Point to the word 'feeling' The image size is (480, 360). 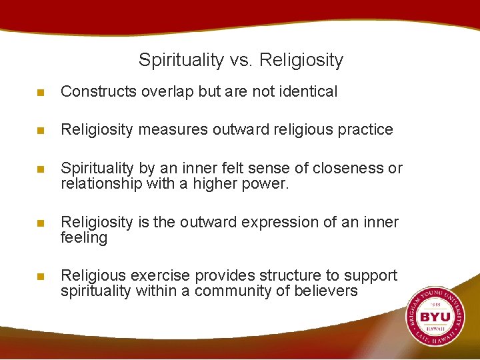tap(83, 237)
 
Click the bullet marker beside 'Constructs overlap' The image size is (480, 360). tap(41, 93)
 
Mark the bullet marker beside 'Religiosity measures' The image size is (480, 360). tap(41, 130)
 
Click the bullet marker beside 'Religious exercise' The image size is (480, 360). tap(41, 277)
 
